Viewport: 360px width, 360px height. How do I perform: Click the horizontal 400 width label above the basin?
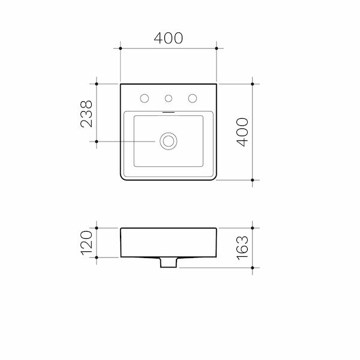(x=168, y=38)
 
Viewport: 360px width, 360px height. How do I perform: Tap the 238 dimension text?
(x=86, y=113)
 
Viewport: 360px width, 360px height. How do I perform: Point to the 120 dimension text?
(x=86, y=242)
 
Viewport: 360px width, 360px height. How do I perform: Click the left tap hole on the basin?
(x=145, y=98)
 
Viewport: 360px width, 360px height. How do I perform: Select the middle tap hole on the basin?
(x=169, y=98)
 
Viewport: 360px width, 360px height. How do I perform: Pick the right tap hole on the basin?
(x=193, y=98)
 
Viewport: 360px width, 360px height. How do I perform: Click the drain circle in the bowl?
(x=169, y=142)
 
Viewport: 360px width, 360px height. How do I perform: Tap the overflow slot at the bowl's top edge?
(x=169, y=112)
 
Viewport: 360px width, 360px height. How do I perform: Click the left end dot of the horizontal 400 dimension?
(x=121, y=47)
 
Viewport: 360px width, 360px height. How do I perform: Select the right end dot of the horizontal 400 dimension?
(x=217, y=47)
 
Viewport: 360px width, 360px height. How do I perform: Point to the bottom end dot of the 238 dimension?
(x=97, y=142)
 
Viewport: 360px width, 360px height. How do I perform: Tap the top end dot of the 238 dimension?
(x=97, y=84)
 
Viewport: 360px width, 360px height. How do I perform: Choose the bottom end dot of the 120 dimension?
(x=97, y=257)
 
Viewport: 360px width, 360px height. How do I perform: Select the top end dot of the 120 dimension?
(x=97, y=228)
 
